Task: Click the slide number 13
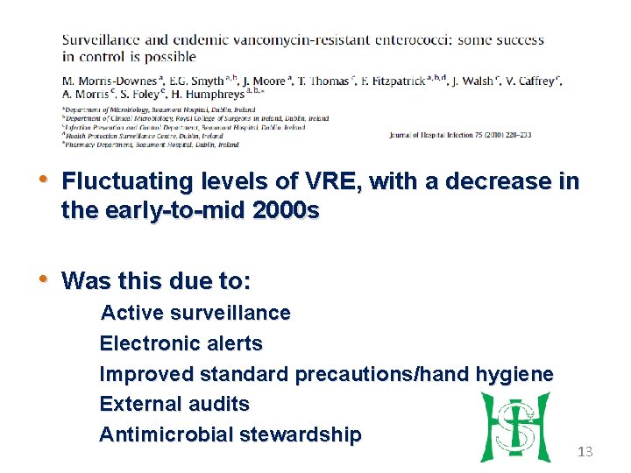[x=585, y=451]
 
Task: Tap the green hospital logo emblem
[x=514, y=427]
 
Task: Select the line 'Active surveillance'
[x=195, y=313]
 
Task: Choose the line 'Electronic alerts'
[x=181, y=343]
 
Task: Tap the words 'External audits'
[x=174, y=405]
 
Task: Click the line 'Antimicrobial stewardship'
[x=230, y=434]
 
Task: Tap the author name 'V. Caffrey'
[x=529, y=81]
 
